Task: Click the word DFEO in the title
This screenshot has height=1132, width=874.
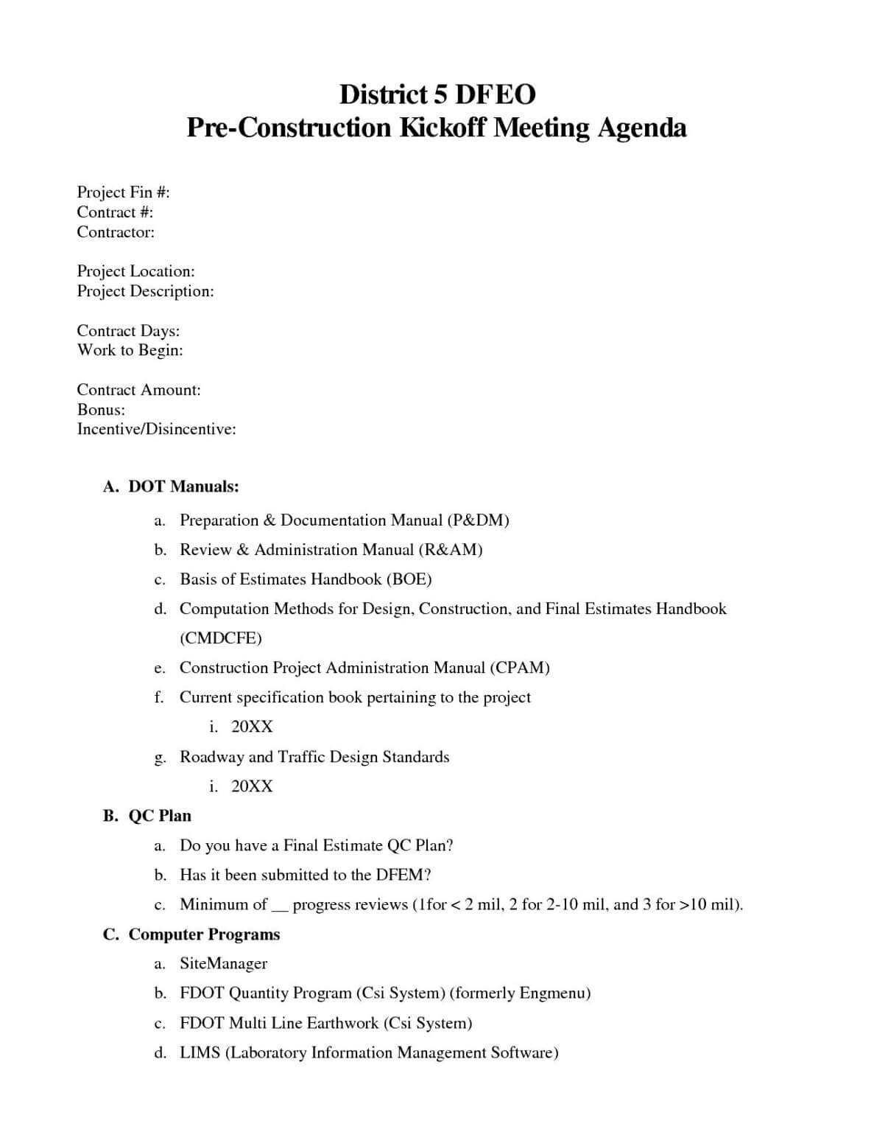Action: click(x=493, y=94)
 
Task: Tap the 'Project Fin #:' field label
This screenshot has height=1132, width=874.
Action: click(x=123, y=192)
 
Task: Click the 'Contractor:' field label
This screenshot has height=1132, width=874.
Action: click(x=116, y=232)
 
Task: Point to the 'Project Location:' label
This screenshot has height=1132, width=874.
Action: click(x=135, y=271)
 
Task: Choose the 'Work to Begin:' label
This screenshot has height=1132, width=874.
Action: click(x=130, y=350)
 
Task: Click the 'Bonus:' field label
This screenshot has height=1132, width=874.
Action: click(x=101, y=409)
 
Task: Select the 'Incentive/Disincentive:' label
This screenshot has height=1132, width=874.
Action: click(x=156, y=429)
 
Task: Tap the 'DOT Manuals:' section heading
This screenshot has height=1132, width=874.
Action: click(x=183, y=487)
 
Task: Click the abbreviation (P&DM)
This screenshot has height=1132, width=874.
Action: click(x=478, y=520)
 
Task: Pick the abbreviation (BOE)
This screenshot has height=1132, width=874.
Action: click(x=409, y=579)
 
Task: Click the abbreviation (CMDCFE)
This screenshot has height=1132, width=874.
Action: click(x=220, y=638)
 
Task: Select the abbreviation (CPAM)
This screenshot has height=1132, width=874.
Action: click(x=519, y=668)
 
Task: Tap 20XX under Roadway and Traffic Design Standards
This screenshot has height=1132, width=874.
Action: click(x=252, y=786)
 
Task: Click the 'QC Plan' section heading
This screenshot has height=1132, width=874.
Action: click(x=160, y=816)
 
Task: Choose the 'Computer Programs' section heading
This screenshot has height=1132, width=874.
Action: click(x=204, y=934)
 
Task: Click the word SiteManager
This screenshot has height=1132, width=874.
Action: click(x=223, y=964)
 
